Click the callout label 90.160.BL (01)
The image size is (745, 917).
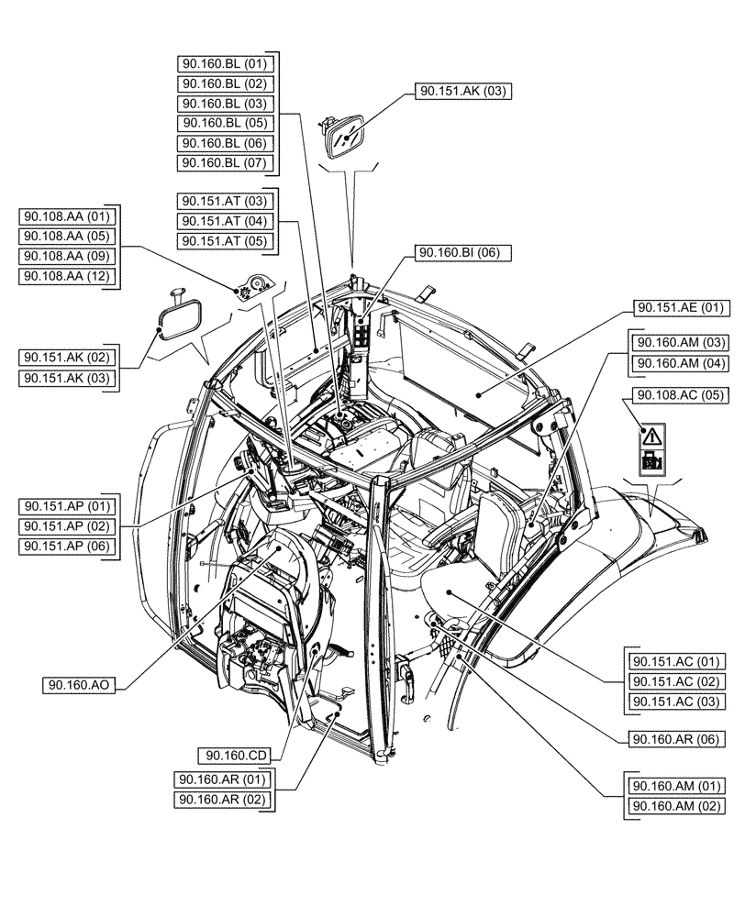(x=224, y=63)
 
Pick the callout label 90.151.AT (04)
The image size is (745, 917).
(x=224, y=221)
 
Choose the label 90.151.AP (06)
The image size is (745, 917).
(x=68, y=547)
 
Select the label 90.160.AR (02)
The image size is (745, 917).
(x=224, y=800)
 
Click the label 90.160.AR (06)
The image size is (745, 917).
(x=672, y=738)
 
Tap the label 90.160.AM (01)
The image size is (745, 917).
(x=672, y=786)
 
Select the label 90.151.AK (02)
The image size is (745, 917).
(x=68, y=358)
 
